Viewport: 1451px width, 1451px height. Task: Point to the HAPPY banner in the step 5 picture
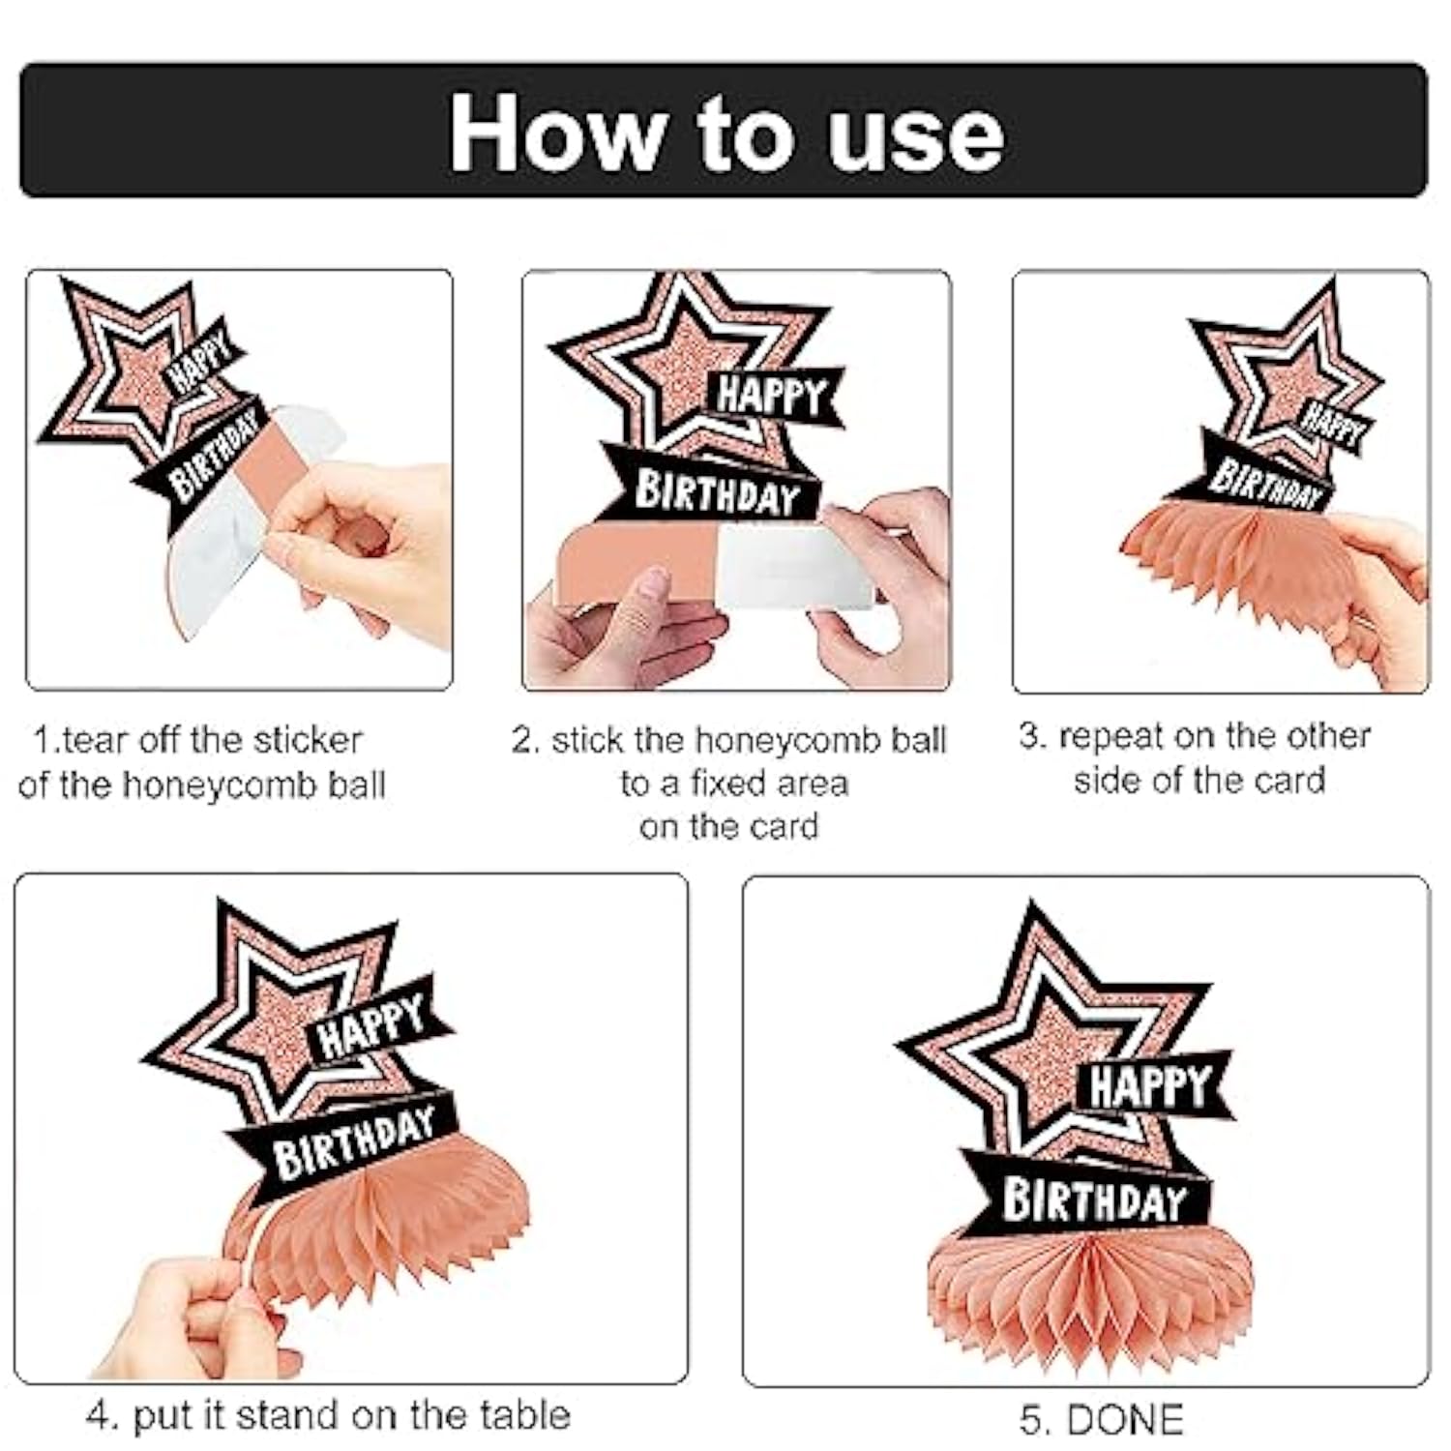click(x=1151, y=1086)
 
